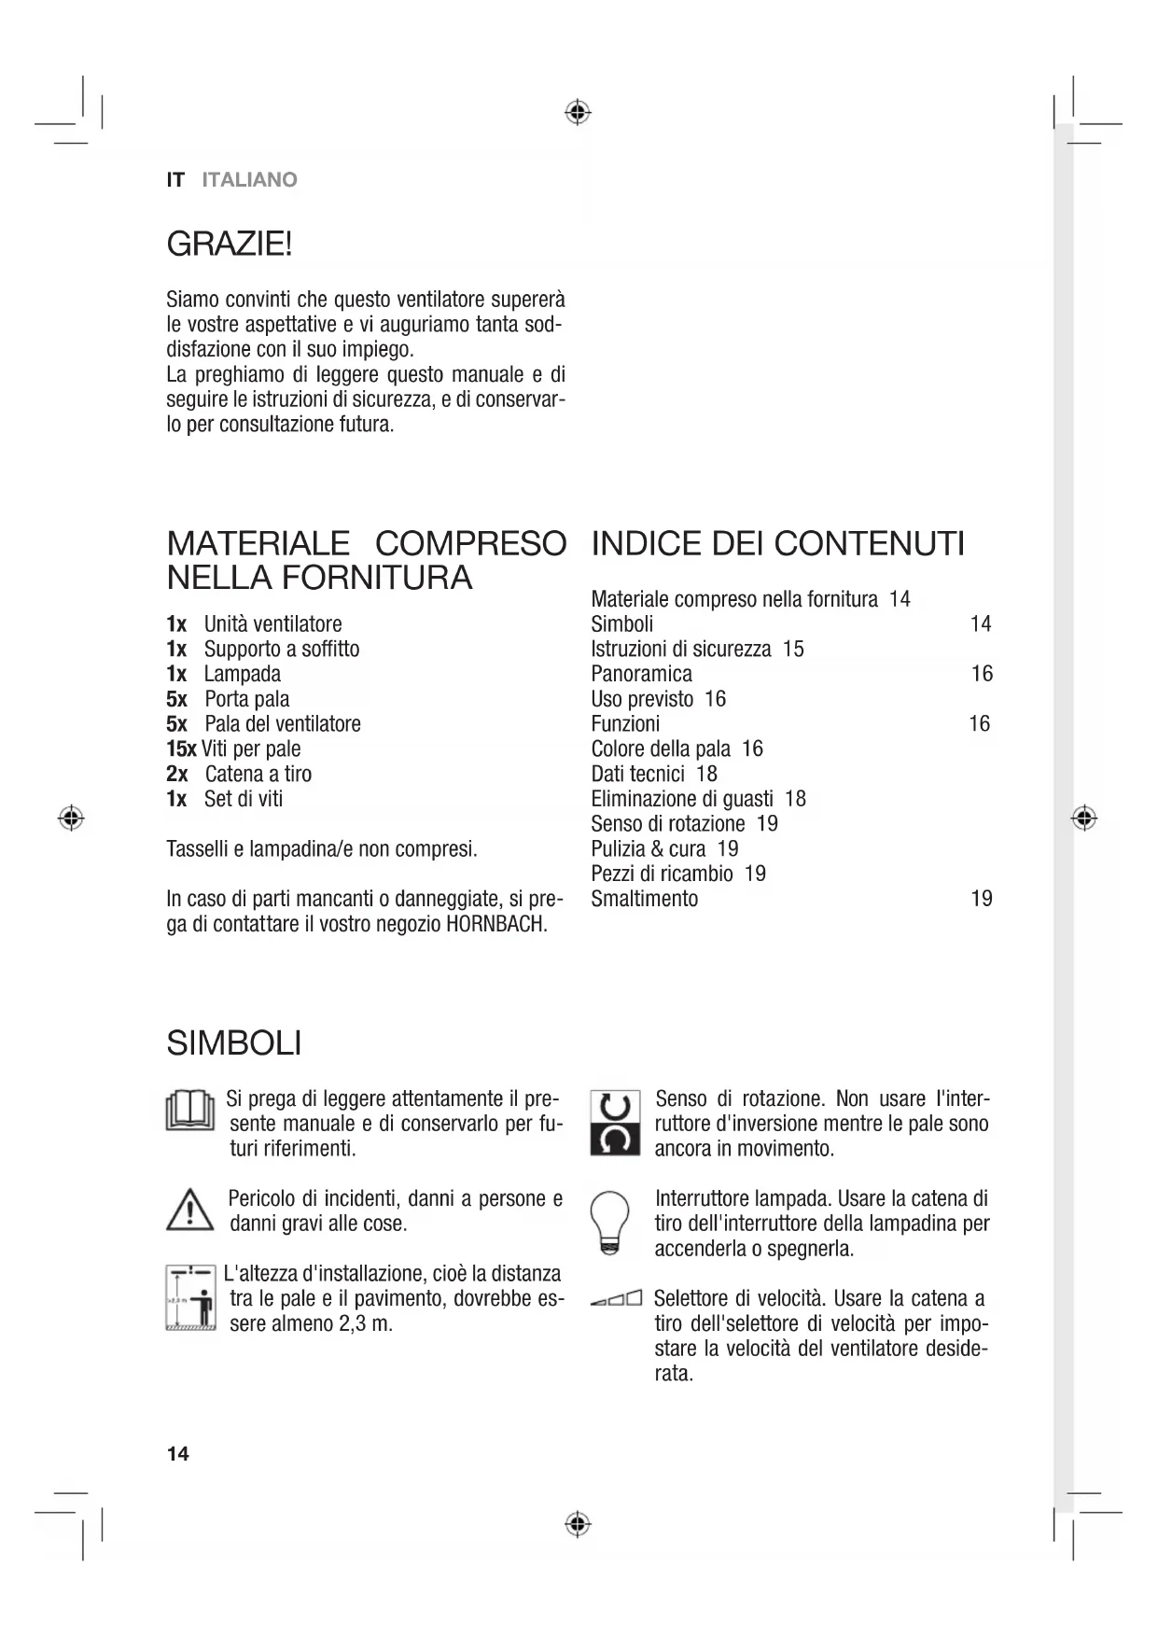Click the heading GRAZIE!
click(x=230, y=245)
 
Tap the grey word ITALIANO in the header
click(x=249, y=180)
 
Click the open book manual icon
click(x=190, y=1110)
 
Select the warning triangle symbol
click(x=190, y=1210)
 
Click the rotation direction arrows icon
click(x=615, y=1123)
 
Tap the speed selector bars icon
click(x=617, y=1298)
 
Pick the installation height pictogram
click(x=190, y=1298)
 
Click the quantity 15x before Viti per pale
click(x=181, y=749)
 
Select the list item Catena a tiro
click(x=258, y=774)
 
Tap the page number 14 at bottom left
click(x=177, y=1453)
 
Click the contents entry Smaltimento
click(x=644, y=899)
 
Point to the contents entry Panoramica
click(x=641, y=674)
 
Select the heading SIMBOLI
click(x=233, y=1043)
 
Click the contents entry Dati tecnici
click(x=637, y=774)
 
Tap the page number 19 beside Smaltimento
click(x=982, y=899)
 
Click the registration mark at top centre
click(x=578, y=113)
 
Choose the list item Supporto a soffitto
click(x=282, y=650)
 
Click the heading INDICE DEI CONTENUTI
click(x=777, y=543)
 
